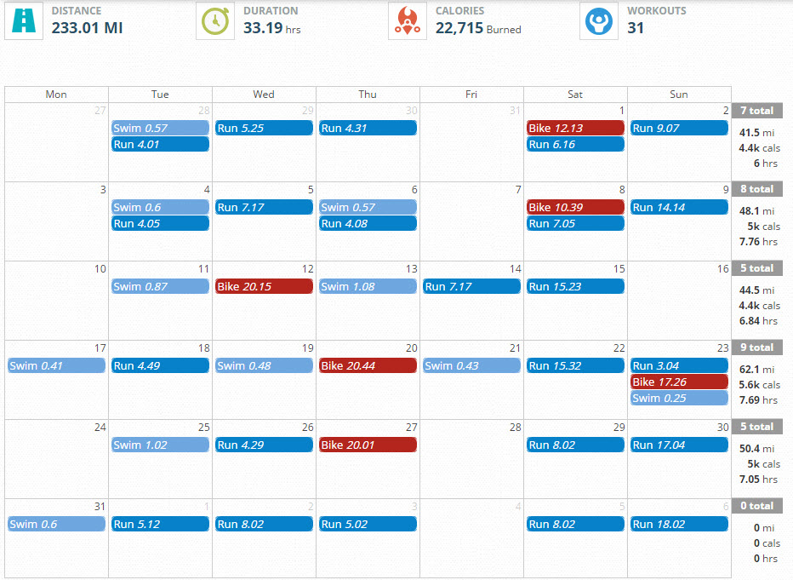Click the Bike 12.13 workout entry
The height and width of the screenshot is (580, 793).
[x=575, y=129]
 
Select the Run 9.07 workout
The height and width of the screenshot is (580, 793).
[x=679, y=129]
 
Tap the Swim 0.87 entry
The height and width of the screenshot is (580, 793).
[x=160, y=287]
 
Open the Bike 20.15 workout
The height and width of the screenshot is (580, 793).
[x=264, y=287]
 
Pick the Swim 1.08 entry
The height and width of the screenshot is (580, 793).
[x=368, y=287]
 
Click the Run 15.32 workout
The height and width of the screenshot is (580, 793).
[x=575, y=366]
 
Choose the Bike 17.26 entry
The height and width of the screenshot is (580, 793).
[x=679, y=382]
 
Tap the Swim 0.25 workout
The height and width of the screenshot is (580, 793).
[x=679, y=399]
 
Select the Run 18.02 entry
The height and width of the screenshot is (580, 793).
[x=679, y=525]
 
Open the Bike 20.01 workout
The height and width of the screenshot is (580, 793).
[x=368, y=445]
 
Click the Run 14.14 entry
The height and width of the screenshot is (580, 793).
[x=679, y=208]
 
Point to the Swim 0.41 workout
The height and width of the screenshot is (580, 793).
[x=56, y=366]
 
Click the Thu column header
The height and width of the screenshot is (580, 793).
[x=368, y=95]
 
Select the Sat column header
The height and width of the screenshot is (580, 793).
[x=575, y=95]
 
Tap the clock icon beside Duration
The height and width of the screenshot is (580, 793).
[x=214, y=20]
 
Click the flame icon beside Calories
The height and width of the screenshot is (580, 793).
[x=407, y=20]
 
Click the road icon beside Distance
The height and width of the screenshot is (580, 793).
[x=23, y=20]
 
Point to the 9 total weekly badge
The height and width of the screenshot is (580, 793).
[x=756, y=347]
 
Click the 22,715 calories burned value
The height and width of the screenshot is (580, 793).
[x=459, y=28]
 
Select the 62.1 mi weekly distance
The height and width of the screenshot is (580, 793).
[x=756, y=370]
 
